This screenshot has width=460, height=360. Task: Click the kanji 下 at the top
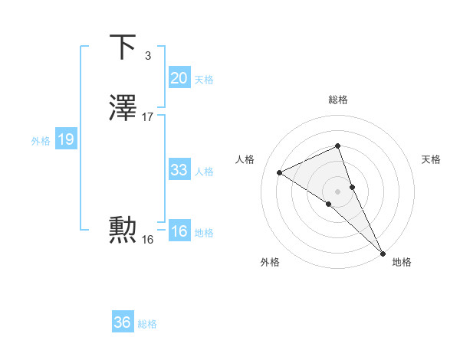click(123, 47)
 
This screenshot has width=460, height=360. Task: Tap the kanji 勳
click(123, 230)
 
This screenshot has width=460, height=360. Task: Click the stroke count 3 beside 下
click(147, 55)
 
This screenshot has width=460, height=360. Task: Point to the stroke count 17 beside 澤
click(148, 117)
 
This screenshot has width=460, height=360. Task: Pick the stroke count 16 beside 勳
click(148, 239)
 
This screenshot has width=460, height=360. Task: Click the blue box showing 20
click(179, 77)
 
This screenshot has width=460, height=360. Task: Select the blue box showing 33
click(179, 170)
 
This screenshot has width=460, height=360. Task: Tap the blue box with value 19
click(65, 139)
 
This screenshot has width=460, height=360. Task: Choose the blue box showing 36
click(122, 322)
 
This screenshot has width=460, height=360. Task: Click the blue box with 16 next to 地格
click(179, 231)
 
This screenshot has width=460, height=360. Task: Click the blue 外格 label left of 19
click(41, 140)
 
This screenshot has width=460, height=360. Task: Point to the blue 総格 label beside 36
click(147, 324)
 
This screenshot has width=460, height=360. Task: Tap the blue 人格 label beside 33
click(204, 172)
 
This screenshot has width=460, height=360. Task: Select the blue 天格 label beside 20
click(204, 79)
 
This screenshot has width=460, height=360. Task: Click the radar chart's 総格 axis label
click(338, 100)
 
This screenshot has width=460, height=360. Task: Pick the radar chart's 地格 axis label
click(402, 262)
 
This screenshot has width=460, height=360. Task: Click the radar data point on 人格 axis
click(280, 173)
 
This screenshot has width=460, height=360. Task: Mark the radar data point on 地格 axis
click(383, 253)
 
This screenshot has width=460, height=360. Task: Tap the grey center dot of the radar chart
click(337, 191)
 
